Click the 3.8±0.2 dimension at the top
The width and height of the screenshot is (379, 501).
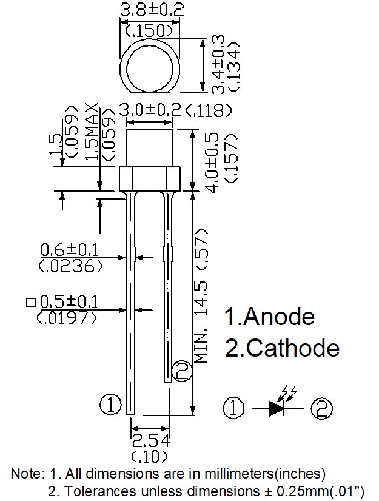152,9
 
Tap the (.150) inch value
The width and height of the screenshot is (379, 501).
150,31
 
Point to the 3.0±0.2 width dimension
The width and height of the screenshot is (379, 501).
150,110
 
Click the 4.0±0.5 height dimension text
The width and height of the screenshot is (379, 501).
213,163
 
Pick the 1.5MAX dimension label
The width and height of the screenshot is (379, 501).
92,132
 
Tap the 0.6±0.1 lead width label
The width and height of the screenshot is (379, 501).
70,250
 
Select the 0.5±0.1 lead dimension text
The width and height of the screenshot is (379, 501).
69,302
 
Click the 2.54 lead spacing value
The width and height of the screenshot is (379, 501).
150,441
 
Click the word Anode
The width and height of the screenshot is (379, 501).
279,317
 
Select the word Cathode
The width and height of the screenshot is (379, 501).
293,348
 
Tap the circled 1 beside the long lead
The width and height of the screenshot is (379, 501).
110,405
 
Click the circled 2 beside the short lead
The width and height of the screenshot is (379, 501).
182,371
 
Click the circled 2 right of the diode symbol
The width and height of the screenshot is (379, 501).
321,408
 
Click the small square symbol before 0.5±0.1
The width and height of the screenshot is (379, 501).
31,302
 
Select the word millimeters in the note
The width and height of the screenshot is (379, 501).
239,474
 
